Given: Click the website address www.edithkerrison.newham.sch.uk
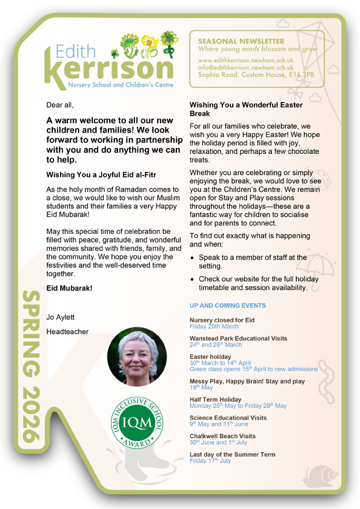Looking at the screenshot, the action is click(246, 61).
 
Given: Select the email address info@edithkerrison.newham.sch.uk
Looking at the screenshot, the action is click(246, 68).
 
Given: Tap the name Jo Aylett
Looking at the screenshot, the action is click(61, 317).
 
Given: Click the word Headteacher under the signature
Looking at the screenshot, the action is click(67, 331).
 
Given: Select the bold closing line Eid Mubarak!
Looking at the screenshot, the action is click(69, 288).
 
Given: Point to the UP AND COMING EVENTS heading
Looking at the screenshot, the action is click(227, 306).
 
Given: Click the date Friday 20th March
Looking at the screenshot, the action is click(214, 326).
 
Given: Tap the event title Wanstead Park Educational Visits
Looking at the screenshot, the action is click(238, 338).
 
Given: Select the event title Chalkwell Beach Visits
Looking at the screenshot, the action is click(222, 436).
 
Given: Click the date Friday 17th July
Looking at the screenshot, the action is click(210, 461).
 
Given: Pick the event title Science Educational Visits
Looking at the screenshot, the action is click(228, 418).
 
